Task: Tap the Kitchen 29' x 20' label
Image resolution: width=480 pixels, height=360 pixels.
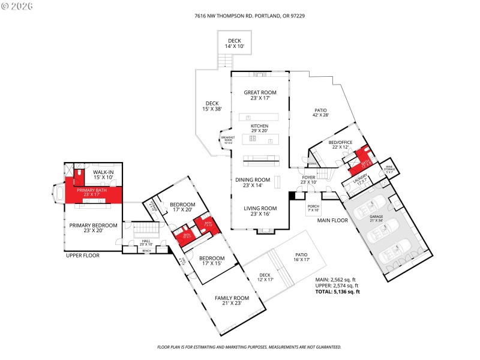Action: (260, 129)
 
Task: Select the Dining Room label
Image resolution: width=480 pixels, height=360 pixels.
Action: (256, 182)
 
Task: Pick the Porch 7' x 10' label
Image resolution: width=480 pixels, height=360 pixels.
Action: (314, 208)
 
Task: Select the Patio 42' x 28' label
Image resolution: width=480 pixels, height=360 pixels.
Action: (321, 113)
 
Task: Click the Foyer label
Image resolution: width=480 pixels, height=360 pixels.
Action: (308, 179)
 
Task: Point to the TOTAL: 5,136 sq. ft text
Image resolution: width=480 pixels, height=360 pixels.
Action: (338, 292)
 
